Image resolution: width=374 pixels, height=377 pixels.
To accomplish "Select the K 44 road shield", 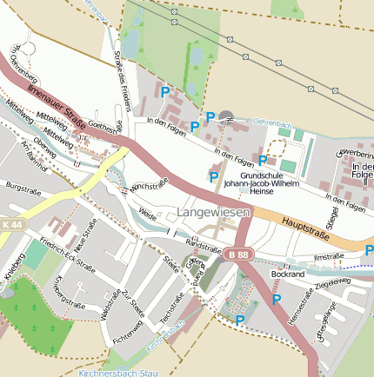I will [12, 224].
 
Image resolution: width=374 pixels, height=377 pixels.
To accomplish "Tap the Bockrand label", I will [288, 274].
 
